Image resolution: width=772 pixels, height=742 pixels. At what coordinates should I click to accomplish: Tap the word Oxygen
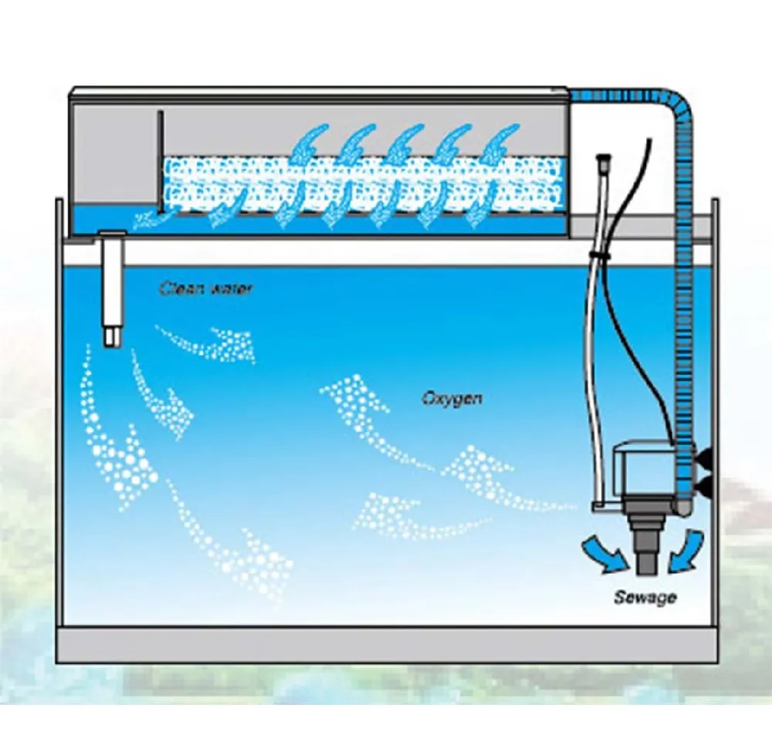coord(452,399)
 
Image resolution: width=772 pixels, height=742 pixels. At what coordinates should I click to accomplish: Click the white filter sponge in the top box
coord(363,185)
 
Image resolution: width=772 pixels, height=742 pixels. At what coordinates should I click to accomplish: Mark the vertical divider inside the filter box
coord(160,162)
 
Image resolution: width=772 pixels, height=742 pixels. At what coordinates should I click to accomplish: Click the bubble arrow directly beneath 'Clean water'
coord(209,340)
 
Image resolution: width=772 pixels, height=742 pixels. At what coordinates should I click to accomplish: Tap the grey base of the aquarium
coord(386,644)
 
